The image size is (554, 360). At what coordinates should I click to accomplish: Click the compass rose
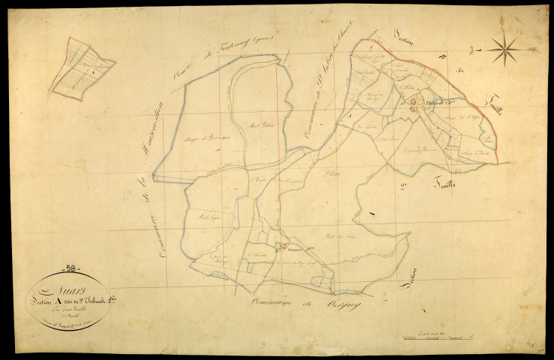pyautogui.click(x=505, y=51)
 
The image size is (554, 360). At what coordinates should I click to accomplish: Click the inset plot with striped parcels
pyautogui.click(x=83, y=68)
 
